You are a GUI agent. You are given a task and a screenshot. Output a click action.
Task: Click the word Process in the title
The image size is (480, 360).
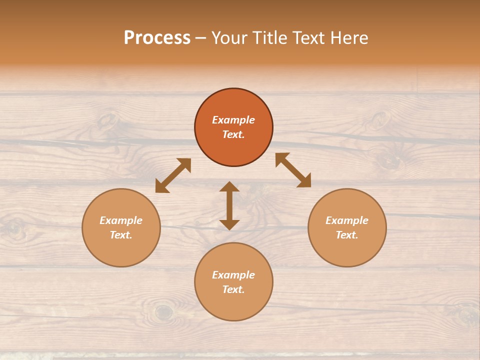point(157,38)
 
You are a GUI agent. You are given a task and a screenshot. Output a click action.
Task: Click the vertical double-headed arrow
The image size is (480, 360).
point(229,205)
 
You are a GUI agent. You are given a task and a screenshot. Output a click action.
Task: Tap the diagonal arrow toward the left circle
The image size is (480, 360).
point(173,175)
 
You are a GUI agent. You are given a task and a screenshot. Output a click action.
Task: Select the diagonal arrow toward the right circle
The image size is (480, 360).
point(293,170)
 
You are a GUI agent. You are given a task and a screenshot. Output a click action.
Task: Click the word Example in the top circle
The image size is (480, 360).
point(233,120)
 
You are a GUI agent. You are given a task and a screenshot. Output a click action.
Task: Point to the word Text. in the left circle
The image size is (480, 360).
point(121,235)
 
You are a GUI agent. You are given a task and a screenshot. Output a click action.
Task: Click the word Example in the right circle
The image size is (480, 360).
point(347,220)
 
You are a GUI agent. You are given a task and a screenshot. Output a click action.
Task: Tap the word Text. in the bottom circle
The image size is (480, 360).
point(233,289)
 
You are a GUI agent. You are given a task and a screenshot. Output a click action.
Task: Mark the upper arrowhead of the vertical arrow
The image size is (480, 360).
point(229,186)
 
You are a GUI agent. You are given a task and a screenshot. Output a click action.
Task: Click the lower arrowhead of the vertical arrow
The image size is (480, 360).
point(229,224)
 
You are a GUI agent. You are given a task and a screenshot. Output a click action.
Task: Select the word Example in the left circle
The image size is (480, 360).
point(121,220)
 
